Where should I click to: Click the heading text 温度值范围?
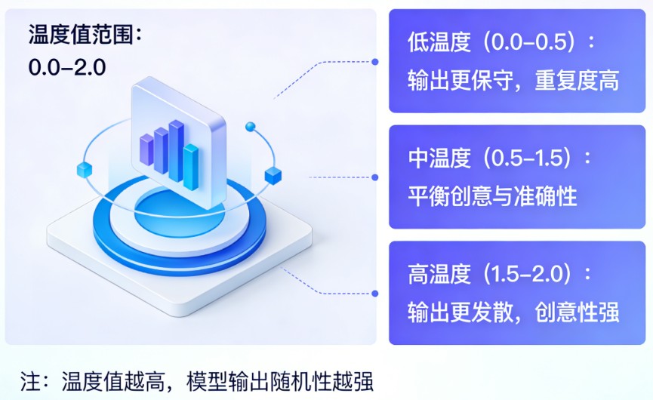[x=84, y=35]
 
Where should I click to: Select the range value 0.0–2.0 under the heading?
[x=67, y=67]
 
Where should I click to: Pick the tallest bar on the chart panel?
[x=177, y=149]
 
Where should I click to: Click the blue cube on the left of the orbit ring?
[x=84, y=170]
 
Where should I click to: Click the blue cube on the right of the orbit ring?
[x=273, y=177]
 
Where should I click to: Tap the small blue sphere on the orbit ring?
[x=251, y=126]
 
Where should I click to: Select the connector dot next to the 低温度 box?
[x=375, y=61]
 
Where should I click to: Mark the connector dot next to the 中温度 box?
[x=375, y=177]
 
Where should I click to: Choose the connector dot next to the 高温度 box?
[x=375, y=292]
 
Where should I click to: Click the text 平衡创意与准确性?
[x=492, y=197]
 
